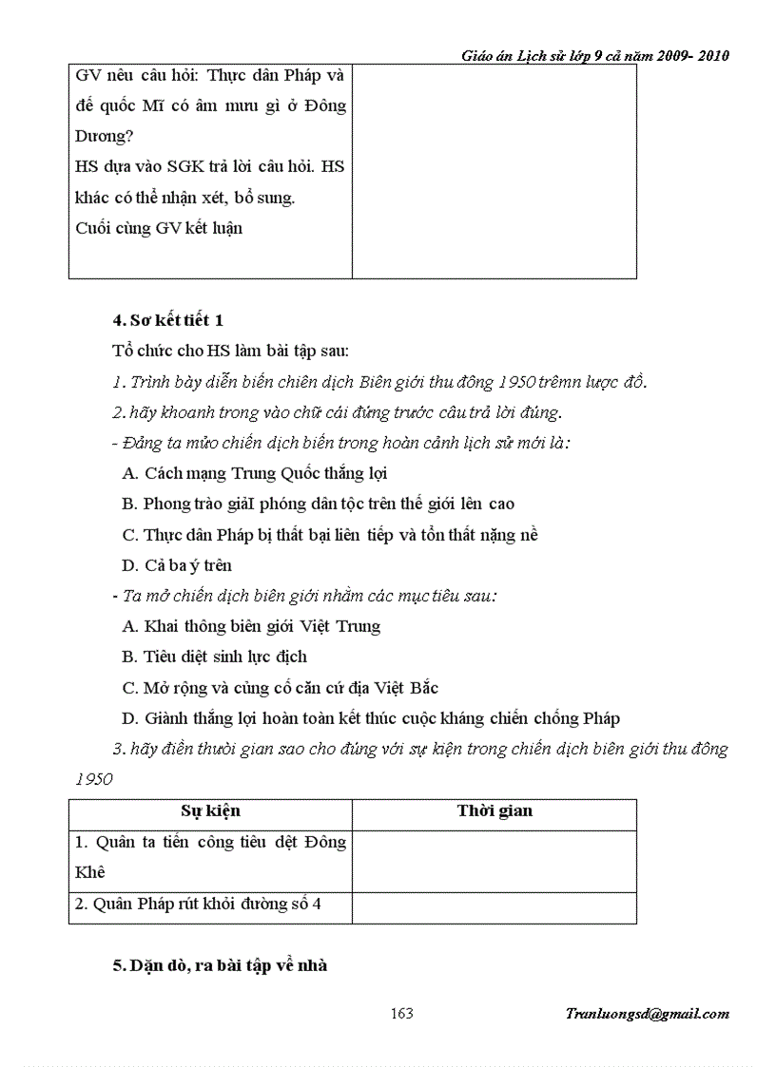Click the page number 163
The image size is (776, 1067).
[x=401, y=1014]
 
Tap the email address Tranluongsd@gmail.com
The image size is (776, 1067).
[x=647, y=1014]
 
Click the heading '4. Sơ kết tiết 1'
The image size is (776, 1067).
[x=167, y=320]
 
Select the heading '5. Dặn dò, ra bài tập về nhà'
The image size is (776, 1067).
[x=220, y=965]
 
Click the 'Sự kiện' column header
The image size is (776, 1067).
[x=210, y=811]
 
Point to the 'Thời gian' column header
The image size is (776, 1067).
[x=495, y=811]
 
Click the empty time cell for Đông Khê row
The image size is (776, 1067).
[x=494, y=861]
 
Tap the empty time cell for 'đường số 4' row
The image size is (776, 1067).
[x=494, y=907]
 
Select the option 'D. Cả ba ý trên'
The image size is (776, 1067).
[x=177, y=565]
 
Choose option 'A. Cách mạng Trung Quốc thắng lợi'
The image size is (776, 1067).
[x=255, y=472]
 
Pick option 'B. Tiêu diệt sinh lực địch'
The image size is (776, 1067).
[x=214, y=657]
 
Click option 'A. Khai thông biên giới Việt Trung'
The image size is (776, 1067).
[x=251, y=626]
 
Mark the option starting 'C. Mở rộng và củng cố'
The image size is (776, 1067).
[x=280, y=687]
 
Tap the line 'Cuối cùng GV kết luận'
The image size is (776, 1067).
[x=158, y=228]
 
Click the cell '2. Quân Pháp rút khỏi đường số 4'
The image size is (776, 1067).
[x=198, y=905]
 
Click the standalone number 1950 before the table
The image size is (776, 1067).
[x=93, y=779]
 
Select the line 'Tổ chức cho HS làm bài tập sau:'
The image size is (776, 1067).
[x=223, y=351]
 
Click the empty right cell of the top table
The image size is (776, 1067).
[x=494, y=171]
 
